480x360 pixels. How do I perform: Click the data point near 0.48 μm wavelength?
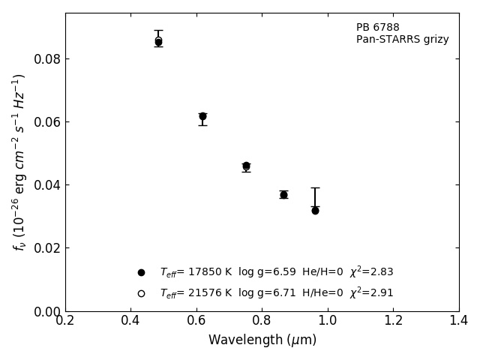coord(158,42)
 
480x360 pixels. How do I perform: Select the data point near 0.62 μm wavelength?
coord(202,116)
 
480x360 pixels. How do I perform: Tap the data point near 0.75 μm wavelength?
coord(246,166)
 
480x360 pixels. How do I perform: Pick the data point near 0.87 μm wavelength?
coord(283,194)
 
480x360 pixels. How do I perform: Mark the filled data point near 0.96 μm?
coord(315,211)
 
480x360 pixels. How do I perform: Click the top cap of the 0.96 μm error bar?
coord(315,187)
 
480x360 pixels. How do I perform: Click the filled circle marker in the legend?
coord(141,272)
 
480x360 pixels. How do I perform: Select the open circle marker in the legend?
coord(141,293)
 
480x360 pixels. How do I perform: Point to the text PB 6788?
coord(377,28)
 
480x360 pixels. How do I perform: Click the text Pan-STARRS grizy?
coord(402,40)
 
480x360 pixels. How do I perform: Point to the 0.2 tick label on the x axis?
coord(65,320)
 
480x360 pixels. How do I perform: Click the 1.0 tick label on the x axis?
coord(328,320)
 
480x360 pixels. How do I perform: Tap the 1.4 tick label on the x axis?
coord(459,320)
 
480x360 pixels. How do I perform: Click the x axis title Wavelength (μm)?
coord(262,340)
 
